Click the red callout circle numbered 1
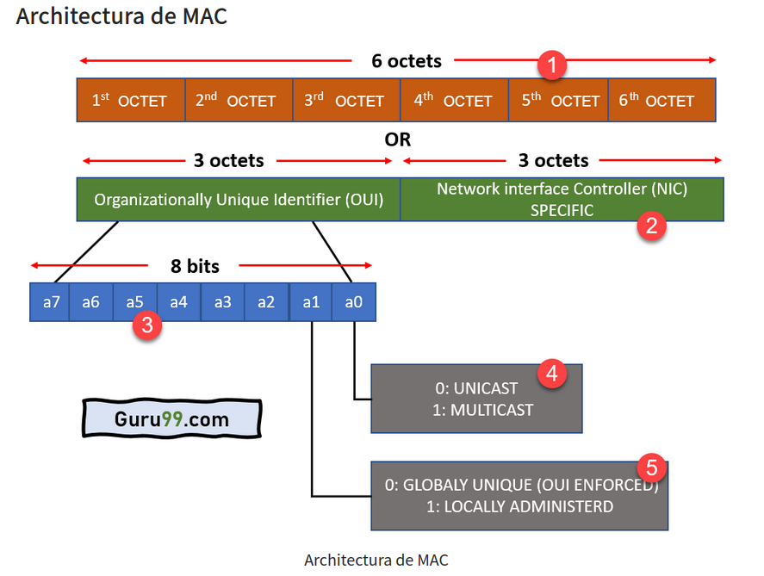coord(551,64)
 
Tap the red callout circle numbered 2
coord(651,226)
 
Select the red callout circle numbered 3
coord(147,326)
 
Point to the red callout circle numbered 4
coord(551,374)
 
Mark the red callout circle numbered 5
coord(651,468)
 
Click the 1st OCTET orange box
coord(130,100)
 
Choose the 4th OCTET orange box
coord(453,100)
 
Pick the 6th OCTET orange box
coord(661,100)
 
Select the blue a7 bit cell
coord(50,302)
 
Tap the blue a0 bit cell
coord(354,302)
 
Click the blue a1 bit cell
coord(311,302)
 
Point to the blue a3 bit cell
coord(223,302)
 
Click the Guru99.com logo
coord(172,419)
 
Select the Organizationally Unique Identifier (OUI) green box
coord(239,200)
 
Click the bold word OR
coord(397,139)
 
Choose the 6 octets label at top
coord(407,61)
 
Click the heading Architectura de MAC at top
coord(121,15)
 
